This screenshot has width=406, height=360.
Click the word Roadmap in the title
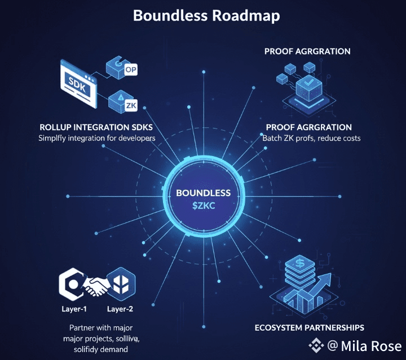pyautogui.click(x=245, y=15)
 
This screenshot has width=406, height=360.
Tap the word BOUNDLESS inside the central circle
pyautogui.click(x=203, y=193)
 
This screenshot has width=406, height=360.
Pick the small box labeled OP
pyautogui.click(x=130, y=70)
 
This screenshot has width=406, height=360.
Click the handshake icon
pyautogui.click(x=96, y=287)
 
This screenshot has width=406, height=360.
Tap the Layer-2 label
pyautogui.click(x=120, y=309)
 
